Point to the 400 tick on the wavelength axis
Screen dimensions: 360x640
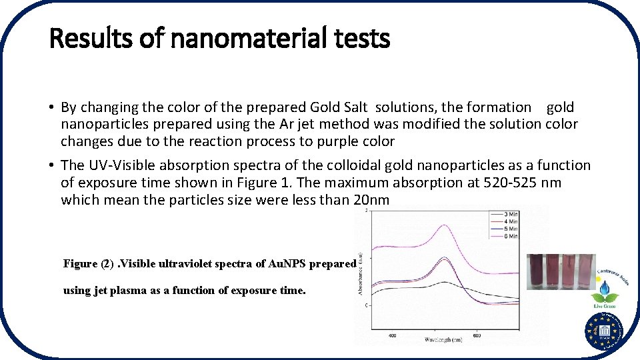pyautogui.click(x=392, y=335)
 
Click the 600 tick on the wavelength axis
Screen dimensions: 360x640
pyautogui.click(x=477, y=335)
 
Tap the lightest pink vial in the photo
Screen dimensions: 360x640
pyautogui.click(x=586, y=271)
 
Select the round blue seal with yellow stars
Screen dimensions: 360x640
pyautogui.click(x=604, y=331)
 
